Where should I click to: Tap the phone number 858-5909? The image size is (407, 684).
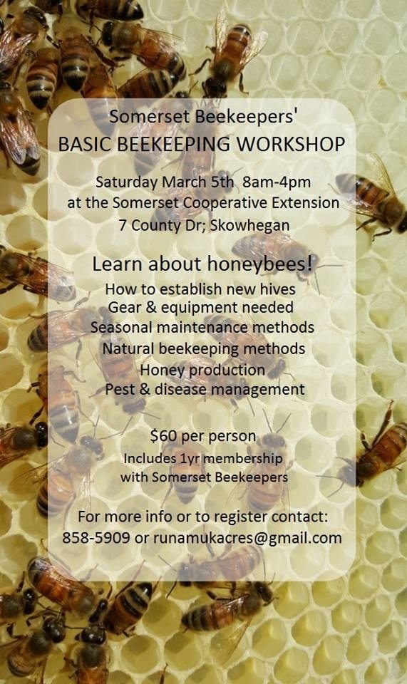point(96,537)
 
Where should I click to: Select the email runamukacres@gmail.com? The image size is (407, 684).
point(247,538)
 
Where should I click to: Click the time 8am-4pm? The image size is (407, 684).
point(277,182)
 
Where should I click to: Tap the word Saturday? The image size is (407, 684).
point(127,182)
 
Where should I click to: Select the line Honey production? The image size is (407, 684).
point(202,370)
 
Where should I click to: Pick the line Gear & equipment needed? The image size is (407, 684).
point(201,308)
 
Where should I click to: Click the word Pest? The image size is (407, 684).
point(120,389)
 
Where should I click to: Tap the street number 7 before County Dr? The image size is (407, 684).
point(123,226)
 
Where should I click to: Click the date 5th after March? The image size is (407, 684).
point(222,182)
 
